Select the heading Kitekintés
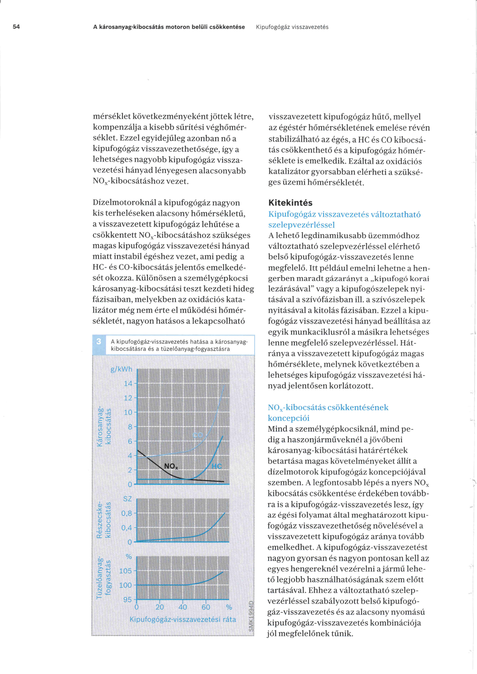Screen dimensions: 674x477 coord(290,203)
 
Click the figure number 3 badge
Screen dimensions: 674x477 coord(99,341)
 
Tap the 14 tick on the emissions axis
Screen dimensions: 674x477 coord(128,384)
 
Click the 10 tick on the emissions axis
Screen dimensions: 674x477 coord(128,412)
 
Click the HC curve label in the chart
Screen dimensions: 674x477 coord(216,466)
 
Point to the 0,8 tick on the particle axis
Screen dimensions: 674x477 coord(127,513)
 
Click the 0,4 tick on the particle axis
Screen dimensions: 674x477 coord(127,528)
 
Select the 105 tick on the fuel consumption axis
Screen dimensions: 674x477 coord(126,571)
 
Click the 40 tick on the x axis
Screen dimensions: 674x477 coord(183,607)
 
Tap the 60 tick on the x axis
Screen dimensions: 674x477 coord(206,607)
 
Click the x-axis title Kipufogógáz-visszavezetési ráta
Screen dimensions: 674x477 coord(183,620)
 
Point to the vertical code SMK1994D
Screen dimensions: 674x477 coord(251,616)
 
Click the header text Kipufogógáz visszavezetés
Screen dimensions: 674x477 coord(292,27)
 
